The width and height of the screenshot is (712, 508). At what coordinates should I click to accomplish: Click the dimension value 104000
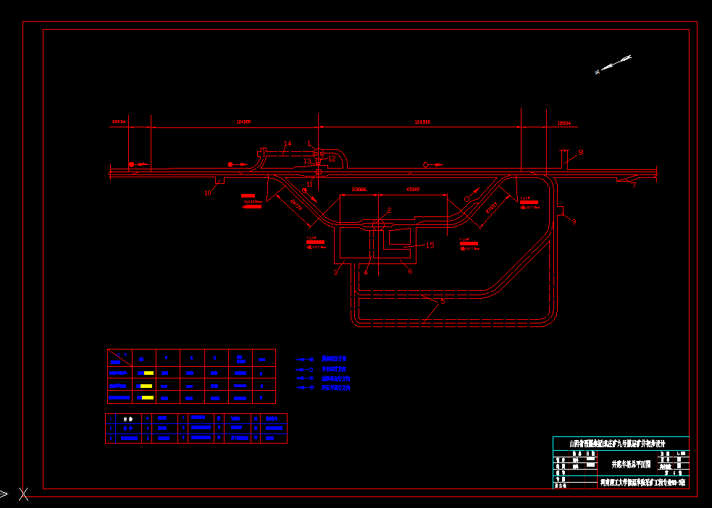coord(243,122)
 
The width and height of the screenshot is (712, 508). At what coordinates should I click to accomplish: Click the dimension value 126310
coord(422,122)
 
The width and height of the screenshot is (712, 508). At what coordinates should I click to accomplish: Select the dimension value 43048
coord(414,189)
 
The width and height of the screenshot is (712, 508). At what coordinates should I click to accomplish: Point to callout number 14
coord(287,144)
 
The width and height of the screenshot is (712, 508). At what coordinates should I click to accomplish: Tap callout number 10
coord(208,192)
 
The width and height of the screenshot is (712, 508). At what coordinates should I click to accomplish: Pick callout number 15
coord(430,245)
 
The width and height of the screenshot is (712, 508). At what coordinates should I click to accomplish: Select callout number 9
coord(574,221)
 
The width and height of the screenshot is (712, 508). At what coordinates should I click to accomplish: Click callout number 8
coord(580,153)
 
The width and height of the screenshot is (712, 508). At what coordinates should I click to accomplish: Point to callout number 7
coord(634,185)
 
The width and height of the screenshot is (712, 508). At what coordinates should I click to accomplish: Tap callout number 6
coord(410,271)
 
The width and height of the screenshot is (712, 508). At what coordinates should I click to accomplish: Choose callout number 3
coord(336,272)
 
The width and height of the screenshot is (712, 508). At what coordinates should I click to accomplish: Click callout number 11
coord(310,184)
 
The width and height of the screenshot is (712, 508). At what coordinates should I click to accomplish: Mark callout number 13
coord(307,161)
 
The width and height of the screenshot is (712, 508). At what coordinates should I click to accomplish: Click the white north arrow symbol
coord(613,64)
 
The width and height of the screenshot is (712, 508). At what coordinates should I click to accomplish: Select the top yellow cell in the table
coord(148,373)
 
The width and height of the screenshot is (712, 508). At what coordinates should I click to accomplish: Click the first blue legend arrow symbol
coord(306,359)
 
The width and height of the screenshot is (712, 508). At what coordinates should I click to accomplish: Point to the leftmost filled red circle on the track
coord(131,165)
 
